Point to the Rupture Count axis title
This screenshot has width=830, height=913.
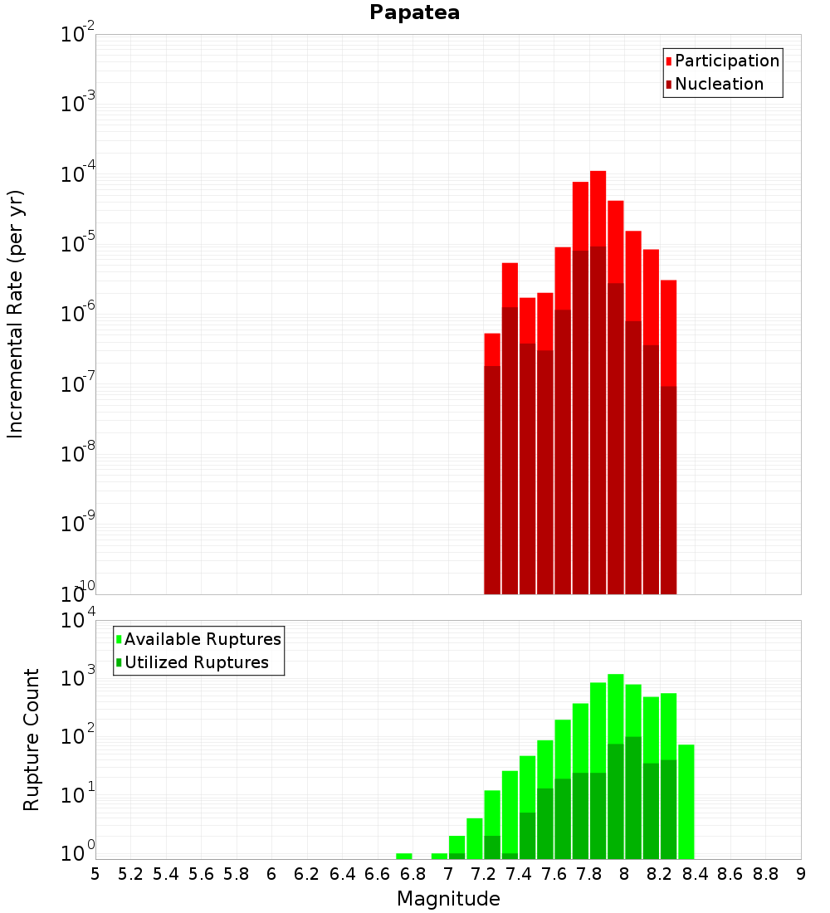click(32, 740)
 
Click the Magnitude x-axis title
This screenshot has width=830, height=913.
click(448, 899)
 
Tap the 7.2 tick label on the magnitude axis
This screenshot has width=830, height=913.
click(483, 874)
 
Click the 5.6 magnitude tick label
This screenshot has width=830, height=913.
click(201, 874)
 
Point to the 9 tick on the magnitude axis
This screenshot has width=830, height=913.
click(801, 874)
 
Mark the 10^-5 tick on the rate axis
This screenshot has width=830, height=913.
click(78, 244)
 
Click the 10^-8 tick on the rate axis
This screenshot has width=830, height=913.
click(78, 454)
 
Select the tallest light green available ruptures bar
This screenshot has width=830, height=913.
click(616, 705)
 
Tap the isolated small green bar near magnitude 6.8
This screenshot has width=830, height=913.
click(404, 856)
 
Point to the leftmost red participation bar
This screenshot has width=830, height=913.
click(492, 349)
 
